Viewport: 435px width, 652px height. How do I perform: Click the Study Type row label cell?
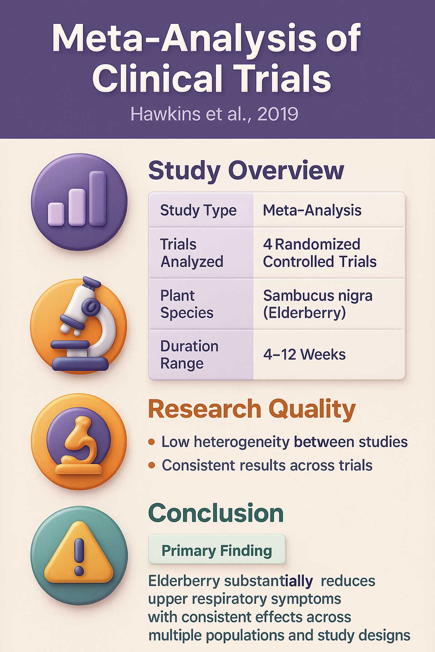[198, 210]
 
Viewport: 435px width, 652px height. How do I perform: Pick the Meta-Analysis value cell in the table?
[312, 210]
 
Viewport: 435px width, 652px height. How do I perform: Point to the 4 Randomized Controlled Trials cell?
[319, 253]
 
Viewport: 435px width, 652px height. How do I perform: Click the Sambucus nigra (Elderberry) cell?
[318, 304]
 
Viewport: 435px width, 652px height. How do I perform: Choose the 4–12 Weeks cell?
[304, 354]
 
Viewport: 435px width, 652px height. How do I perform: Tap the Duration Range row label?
[189, 355]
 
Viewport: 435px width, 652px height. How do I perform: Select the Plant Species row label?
[187, 304]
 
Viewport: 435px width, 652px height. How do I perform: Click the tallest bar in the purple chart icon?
[98, 198]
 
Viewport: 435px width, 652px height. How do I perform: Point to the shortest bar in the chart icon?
[56, 214]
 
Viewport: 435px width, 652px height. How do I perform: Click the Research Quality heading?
[252, 409]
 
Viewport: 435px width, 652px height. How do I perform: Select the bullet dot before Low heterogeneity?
[152, 442]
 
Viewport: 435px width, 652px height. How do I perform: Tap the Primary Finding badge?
[217, 551]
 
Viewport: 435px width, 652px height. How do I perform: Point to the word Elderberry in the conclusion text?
[184, 581]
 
